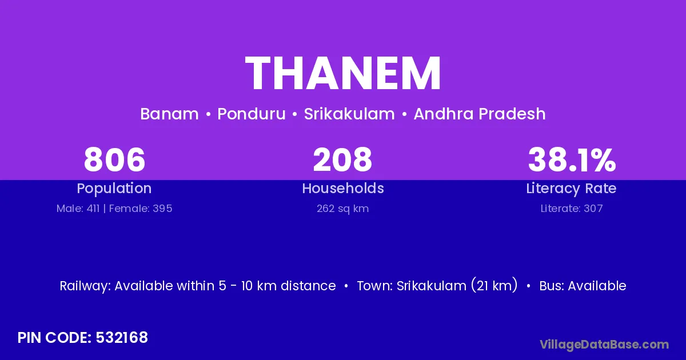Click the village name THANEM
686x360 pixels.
pyautogui.click(x=343, y=73)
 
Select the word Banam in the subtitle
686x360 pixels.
pyautogui.click(x=169, y=114)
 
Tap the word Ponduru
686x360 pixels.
pyautogui.click(x=252, y=114)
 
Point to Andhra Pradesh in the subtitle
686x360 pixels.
pyautogui.click(x=480, y=114)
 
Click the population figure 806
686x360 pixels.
pyautogui.click(x=114, y=159)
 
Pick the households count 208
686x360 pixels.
pyautogui.click(x=342, y=159)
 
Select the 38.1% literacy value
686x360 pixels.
pyautogui.click(x=572, y=159)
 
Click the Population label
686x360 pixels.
pyautogui.click(x=114, y=189)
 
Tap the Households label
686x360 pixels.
pyautogui.click(x=343, y=188)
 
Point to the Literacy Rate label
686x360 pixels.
pyautogui.click(x=571, y=189)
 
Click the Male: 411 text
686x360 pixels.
pyautogui.click(x=78, y=209)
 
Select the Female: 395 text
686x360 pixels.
pyautogui.click(x=141, y=209)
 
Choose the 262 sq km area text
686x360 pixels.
pyautogui.click(x=342, y=209)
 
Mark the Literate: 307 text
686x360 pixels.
pyautogui.click(x=572, y=209)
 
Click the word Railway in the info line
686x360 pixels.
pyautogui.click(x=85, y=286)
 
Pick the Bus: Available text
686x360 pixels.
pyautogui.click(x=583, y=286)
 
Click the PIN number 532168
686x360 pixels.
pyautogui.click(x=122, y=338)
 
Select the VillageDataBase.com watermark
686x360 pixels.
pyautogui.click(x=604, y=345)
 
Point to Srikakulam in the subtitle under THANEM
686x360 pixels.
pyautogui.click(x=349, y=114)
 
